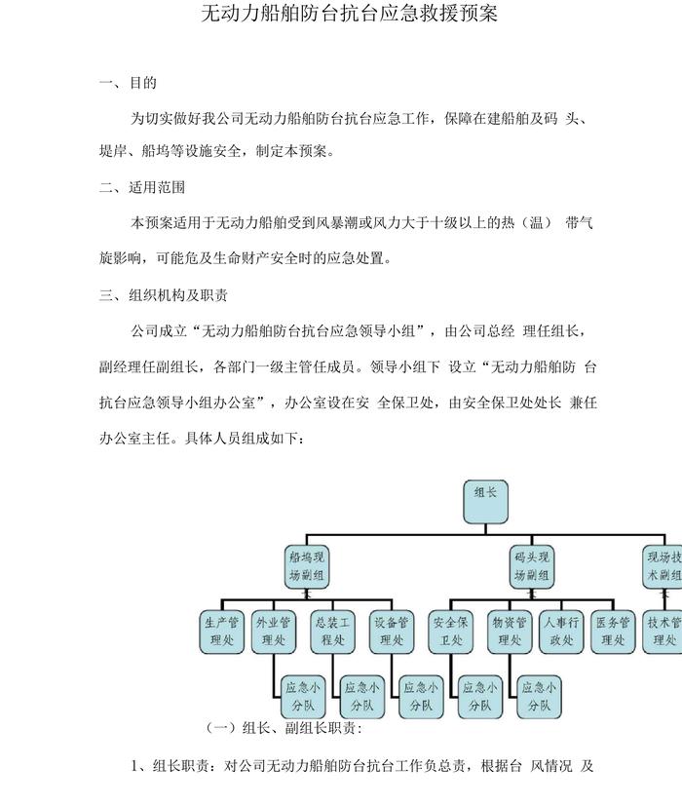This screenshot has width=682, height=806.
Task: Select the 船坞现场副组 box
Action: pyautogui.click(x=307, y=567)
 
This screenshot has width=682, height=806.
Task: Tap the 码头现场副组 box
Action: pyautogui.click(x=532, y=567)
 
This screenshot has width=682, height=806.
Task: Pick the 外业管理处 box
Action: pyautogui.click(x=274, y=632)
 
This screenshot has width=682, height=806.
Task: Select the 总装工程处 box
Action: pyautogui.click(x=333, y=632)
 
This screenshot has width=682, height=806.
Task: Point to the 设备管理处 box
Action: pyautogui.click(x=392, y=632)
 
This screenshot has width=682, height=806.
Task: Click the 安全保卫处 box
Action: pyautogui.click(x=453, y=632)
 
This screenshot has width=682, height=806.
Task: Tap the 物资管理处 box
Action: pyautogui.click(x=508, y=632)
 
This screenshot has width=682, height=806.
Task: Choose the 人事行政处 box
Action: pyautogui.click(x=561, y=632)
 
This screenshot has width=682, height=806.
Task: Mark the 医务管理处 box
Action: pyautogui.click(x=613, y=632)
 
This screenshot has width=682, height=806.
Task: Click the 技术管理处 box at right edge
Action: pyautogui.click(x=664, y=632)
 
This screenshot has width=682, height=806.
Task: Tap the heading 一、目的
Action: pyautogui.click(x=129, y=83)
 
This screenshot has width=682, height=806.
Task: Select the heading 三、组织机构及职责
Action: pyautogui.click(x=164, y=294)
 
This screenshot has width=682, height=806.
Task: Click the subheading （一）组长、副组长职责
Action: pyautogui.click(x=284, y=728)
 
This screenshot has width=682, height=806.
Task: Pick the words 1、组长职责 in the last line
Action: pyautogui.click(x=170, y=766)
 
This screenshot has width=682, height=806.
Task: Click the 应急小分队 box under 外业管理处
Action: pyautogui.click(x=299, y=696)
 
